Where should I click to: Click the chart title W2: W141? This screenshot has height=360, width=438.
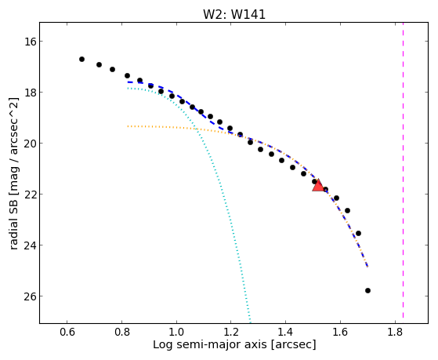point(234,14)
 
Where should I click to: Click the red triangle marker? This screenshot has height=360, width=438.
point(318,186)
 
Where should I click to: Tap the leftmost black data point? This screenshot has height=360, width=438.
point(81,60)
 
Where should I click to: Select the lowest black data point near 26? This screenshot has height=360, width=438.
point(367,291)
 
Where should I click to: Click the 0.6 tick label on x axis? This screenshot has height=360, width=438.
point(67,332)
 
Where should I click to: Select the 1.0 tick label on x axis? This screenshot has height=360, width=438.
point(176,332)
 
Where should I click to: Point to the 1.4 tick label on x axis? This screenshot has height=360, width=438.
point(285,332)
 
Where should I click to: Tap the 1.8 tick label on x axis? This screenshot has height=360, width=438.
point(395,332)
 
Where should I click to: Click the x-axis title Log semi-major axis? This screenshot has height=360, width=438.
point(210,345)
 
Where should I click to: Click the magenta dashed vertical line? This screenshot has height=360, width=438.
point(403,170)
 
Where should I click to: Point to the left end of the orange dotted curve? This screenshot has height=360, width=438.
point(128,126)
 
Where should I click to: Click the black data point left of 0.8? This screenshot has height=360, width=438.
point(112,69)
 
